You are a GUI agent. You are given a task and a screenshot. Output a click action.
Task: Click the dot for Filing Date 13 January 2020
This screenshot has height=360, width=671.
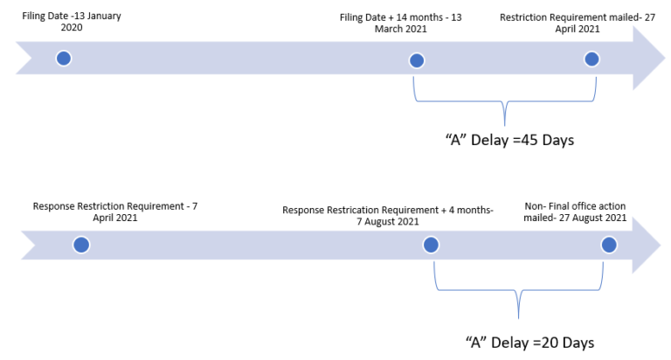click(x=63, y=59)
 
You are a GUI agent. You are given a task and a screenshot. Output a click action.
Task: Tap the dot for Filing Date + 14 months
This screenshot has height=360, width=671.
click(x=417, y=60)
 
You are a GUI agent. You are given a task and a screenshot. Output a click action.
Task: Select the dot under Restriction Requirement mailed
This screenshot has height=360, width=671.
click(x=591, y=59)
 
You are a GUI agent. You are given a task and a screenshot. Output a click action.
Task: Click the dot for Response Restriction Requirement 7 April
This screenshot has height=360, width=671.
click(x=80, y=246)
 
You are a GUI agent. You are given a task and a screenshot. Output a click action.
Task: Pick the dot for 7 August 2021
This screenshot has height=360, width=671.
click(x=431, y=246)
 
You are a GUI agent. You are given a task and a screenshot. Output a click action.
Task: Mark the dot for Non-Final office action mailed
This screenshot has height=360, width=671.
click(x=609, y=246)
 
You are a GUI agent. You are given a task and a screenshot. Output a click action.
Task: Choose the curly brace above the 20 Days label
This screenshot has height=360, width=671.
click(x=519, y=301)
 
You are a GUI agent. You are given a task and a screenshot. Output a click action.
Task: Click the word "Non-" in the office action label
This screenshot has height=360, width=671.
click(x=536, y=205)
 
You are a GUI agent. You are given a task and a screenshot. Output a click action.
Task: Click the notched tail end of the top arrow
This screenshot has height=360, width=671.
click(x=24, y=58)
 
